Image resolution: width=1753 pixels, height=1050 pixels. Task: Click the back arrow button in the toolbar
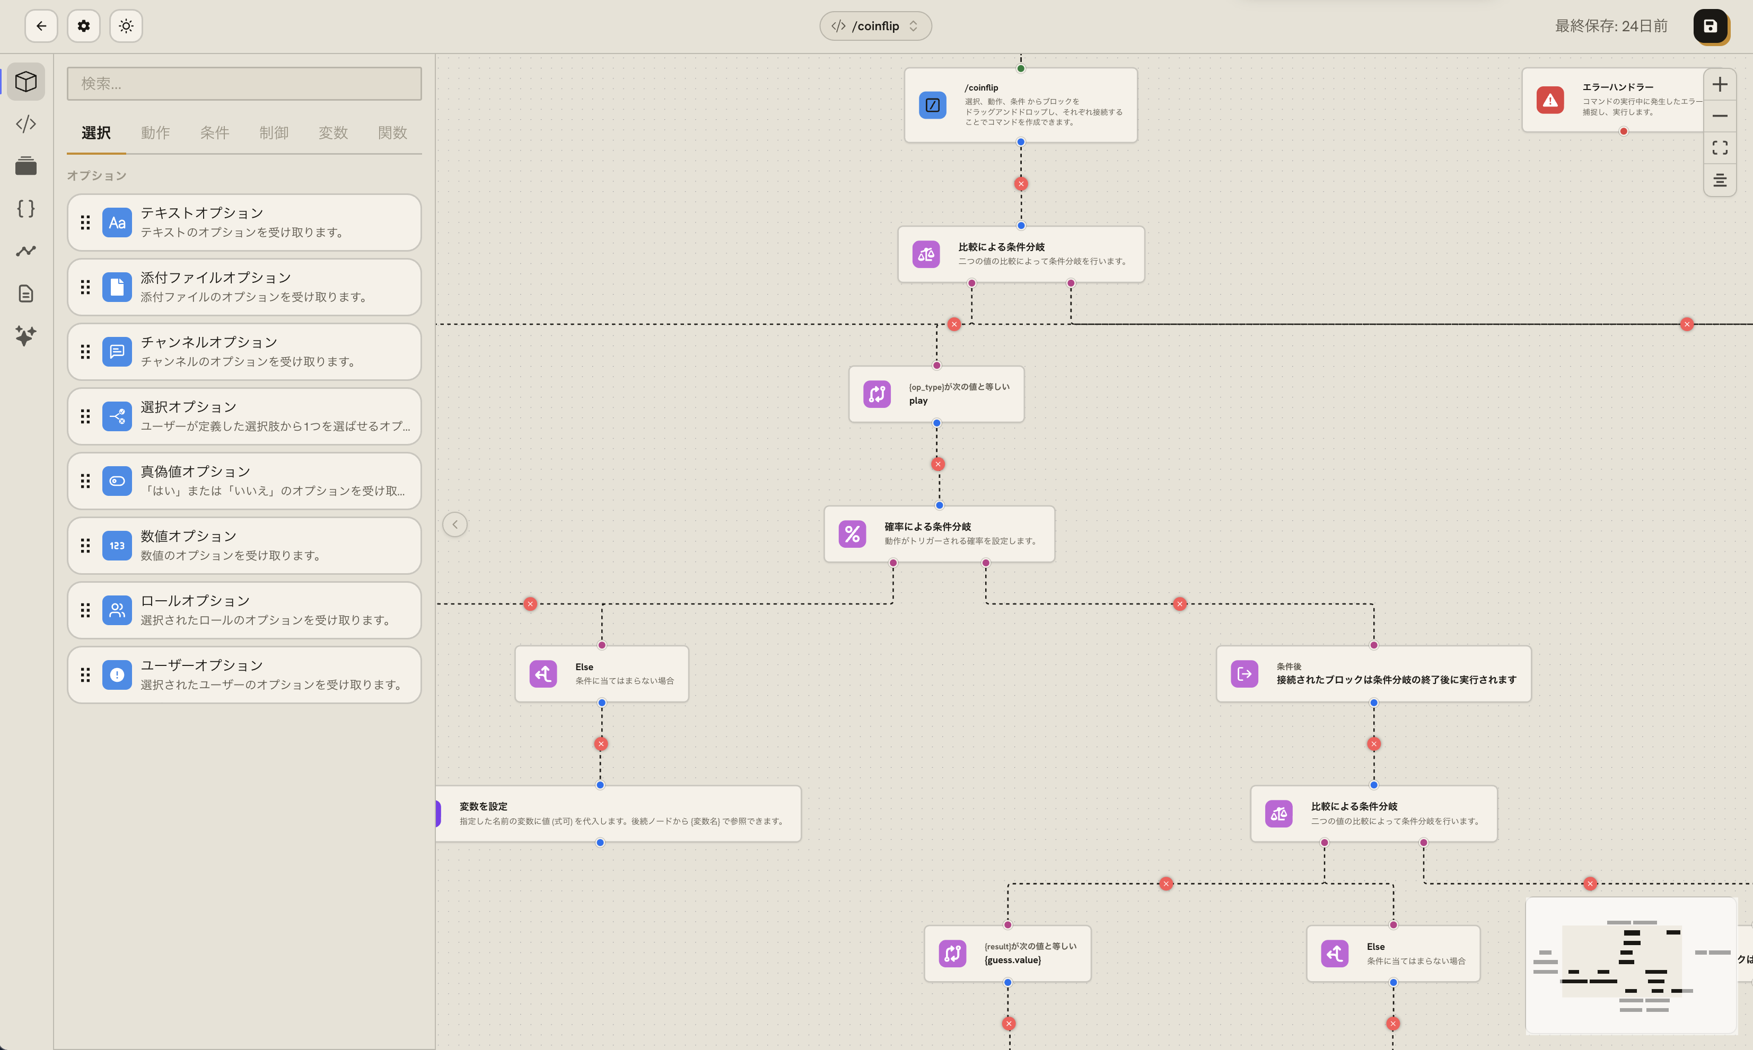click(41, 26)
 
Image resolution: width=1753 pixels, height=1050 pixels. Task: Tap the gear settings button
click(84, 26)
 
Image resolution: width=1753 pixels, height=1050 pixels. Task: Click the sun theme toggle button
click(126, 26)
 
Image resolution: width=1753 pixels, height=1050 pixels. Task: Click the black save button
click(1710, 26)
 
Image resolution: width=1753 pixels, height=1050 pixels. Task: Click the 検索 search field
click(244, 84)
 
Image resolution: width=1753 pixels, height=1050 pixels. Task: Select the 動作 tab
click(155, 132)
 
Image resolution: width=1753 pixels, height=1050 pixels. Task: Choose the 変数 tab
click(333, 132)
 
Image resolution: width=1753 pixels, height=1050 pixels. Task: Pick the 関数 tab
click(392, 132)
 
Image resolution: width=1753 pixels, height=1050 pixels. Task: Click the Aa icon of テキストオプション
click(117, 223)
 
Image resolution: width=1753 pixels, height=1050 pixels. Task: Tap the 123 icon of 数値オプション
click(117, 546)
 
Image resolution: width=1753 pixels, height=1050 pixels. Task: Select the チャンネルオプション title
click(209, 342)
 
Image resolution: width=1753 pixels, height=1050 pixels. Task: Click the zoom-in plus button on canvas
click(1720, 85)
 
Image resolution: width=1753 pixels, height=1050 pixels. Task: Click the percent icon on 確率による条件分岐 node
click(853, 534)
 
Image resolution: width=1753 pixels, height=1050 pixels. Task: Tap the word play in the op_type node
click(918, 401)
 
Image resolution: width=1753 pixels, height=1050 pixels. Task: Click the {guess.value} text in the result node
click(1012, 960)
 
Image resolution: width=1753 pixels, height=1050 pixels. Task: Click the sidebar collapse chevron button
click(455, 525)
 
